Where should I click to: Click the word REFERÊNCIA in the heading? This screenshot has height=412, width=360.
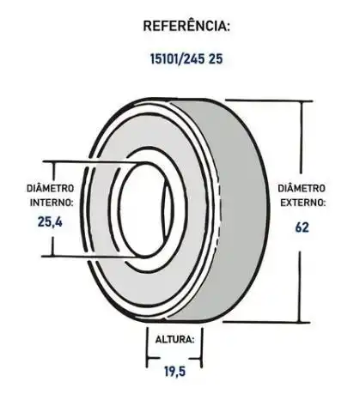coord(186,27)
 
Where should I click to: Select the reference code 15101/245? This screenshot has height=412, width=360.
coord(176,62)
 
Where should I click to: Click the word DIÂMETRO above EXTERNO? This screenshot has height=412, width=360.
coord(302,188)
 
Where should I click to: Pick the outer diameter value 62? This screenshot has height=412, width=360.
coord(301,227)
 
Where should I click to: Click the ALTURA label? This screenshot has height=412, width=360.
coord(174,339)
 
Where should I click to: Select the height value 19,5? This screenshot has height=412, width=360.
coord(174,373)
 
